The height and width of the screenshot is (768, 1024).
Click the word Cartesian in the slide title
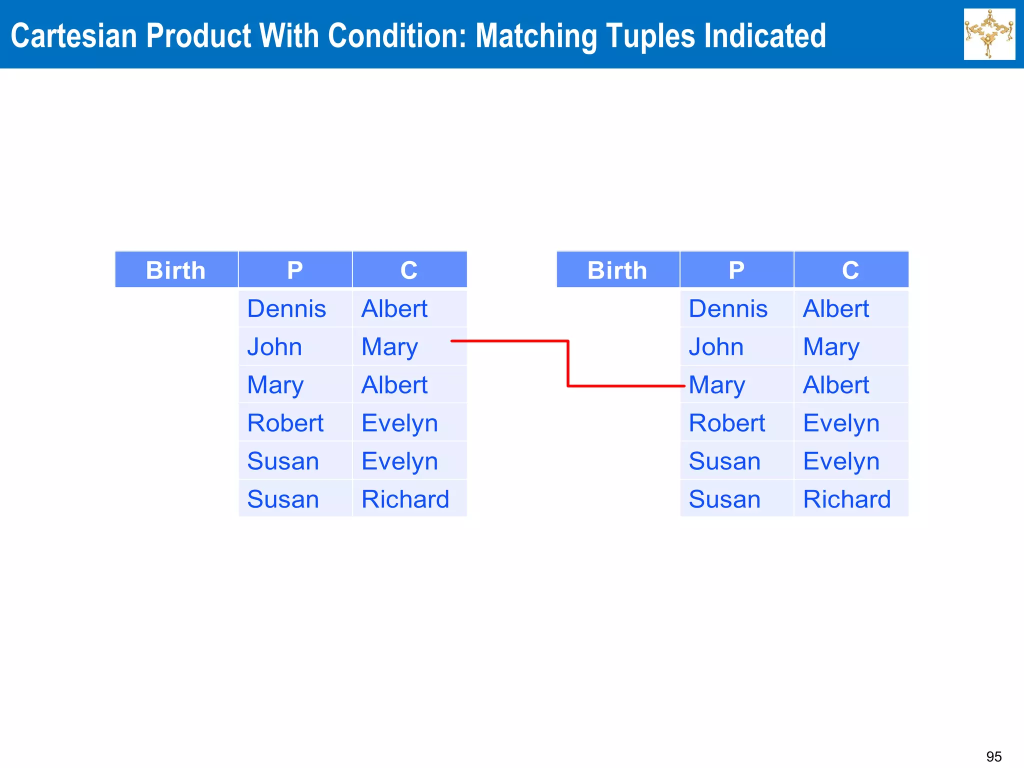(73, 36)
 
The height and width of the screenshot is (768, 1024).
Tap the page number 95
(993, 756)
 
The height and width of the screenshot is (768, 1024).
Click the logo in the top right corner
(989, 34)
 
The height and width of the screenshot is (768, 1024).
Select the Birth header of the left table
(176, 270)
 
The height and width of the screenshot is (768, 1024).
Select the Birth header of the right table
(617, 270)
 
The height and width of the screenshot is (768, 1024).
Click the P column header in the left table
(295, 270)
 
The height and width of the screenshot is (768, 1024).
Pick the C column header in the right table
(850, 270)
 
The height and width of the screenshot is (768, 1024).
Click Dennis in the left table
(286, 308)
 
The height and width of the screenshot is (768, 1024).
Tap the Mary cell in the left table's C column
(389, 347)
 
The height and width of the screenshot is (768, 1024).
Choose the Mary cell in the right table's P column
(717, 385)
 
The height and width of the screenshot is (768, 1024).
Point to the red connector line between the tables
(568, 363)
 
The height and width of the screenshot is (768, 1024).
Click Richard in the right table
(847, 499)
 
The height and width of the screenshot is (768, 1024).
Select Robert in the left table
(285, 423)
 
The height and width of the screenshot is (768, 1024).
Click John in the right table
(716, 347)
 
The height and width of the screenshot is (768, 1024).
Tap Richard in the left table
(405, 499)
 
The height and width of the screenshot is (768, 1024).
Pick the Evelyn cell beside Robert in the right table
(841, 423)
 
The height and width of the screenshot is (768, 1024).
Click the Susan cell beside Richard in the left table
(283, 499)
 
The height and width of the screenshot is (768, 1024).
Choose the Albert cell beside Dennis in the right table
(836, 308)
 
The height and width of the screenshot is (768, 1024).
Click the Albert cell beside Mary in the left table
(394, 385)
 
